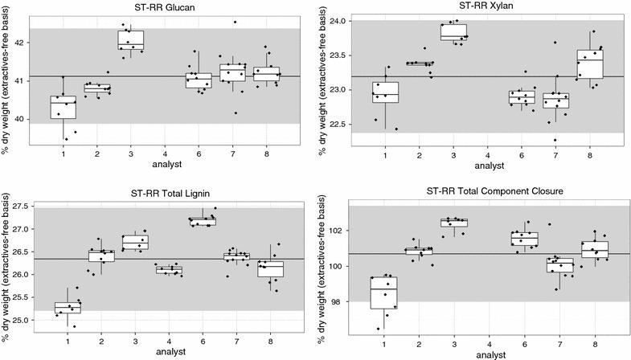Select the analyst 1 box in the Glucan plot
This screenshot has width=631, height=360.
click(x=63, y=107)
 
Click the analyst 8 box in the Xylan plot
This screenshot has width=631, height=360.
click(x=589, y=63)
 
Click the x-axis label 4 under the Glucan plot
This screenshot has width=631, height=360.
click(x=165, y=153)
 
